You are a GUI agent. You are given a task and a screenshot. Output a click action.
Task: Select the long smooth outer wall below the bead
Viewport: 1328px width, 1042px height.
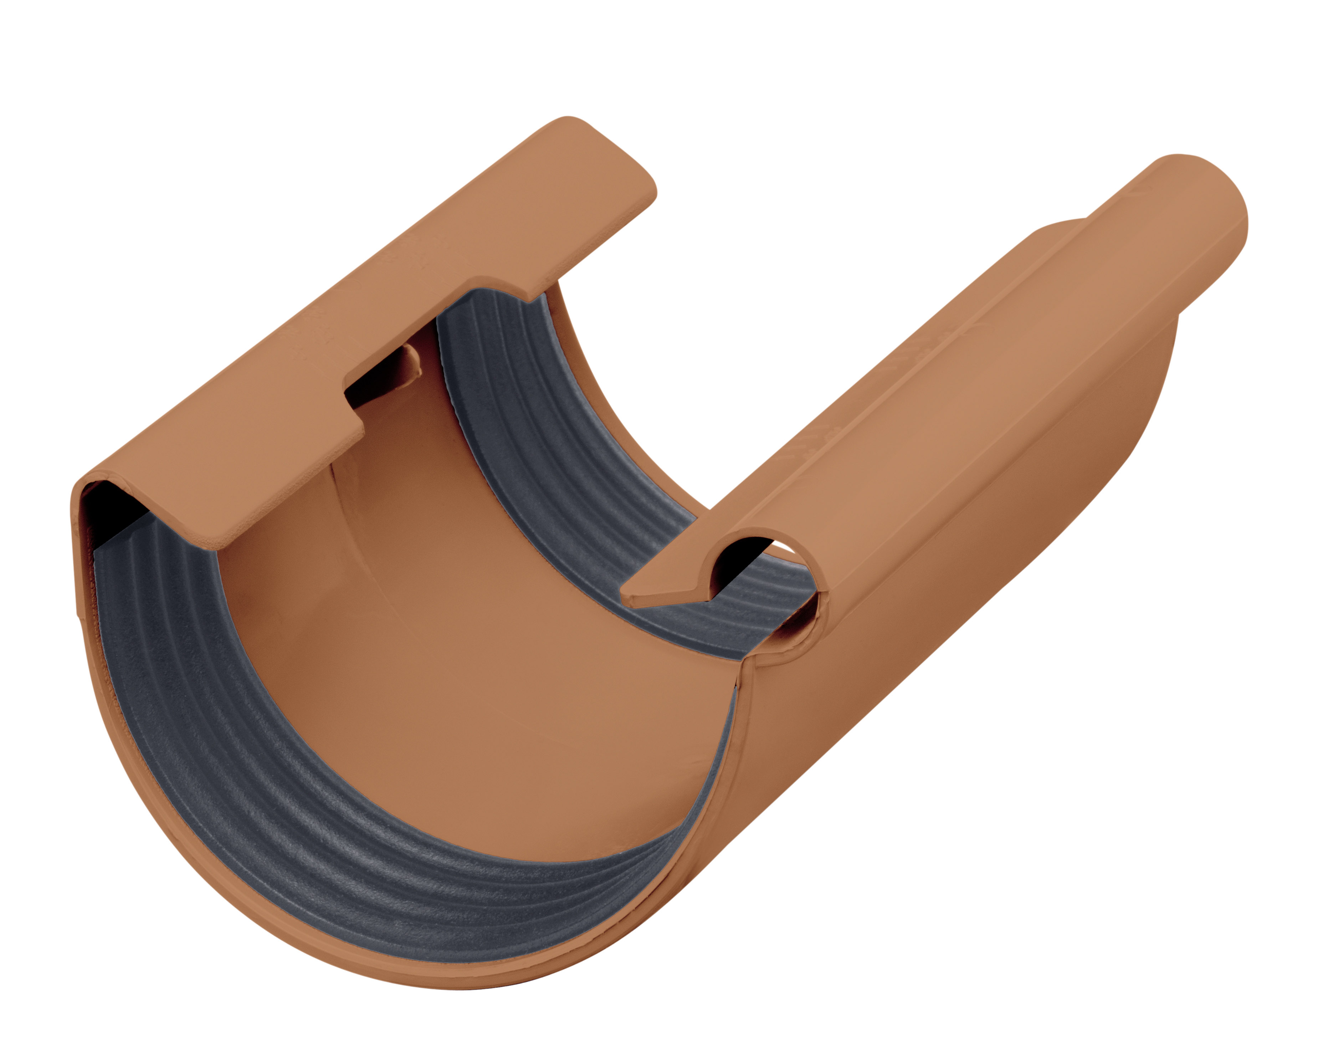[x=975, y=549]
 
